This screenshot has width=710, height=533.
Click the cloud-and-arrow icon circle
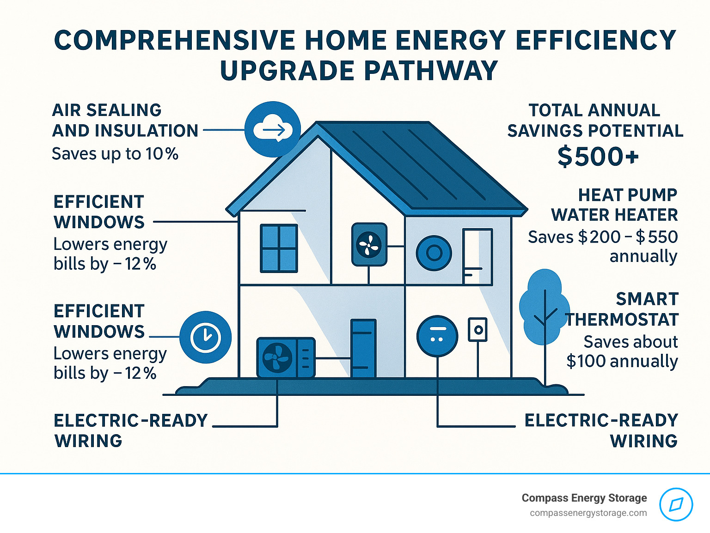tap(273, 129)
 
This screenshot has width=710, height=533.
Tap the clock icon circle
tap(205, 337)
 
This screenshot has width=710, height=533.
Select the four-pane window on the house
tap(279, 248)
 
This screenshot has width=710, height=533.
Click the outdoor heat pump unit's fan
tap(277, 357)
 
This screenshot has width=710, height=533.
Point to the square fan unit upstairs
tap(369, 244)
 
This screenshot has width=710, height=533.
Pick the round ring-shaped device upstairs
tap(434, 253)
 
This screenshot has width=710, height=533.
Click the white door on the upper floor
tap(477, 256)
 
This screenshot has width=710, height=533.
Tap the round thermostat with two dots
tap(437, 336)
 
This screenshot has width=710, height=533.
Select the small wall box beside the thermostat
tap(477, 330)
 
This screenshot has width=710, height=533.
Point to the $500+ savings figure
tap(598, 157)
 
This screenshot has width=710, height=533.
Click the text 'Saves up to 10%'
tap(115, 154)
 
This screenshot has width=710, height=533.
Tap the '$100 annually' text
tap(622, 361)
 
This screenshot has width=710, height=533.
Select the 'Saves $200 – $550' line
tap(603, 237)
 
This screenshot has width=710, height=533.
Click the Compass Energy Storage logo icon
tap(676, 504)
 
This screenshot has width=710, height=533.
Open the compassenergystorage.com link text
tap(588, 513)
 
